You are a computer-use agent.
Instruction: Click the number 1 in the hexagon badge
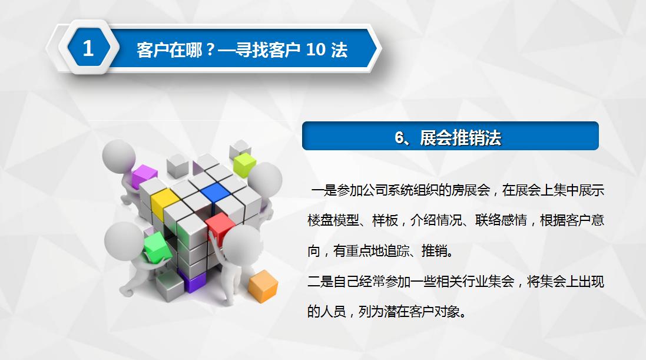tap(88, 48)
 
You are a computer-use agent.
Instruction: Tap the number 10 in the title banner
tap(316, 50)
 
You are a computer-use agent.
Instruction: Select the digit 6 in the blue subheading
tap(400, 137)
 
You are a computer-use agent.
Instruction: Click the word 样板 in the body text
tap(385, 221)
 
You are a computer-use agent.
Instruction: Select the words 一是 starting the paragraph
tap(323, 190)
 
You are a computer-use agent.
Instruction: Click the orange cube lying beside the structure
tap(263, 286)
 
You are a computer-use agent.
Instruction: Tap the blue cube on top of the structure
tap(214, 191)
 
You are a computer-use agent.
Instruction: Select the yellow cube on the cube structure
tap(164, 200)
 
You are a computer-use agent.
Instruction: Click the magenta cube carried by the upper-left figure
tap(144, 176)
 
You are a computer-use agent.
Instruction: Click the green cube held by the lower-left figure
tap(155, 246)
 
